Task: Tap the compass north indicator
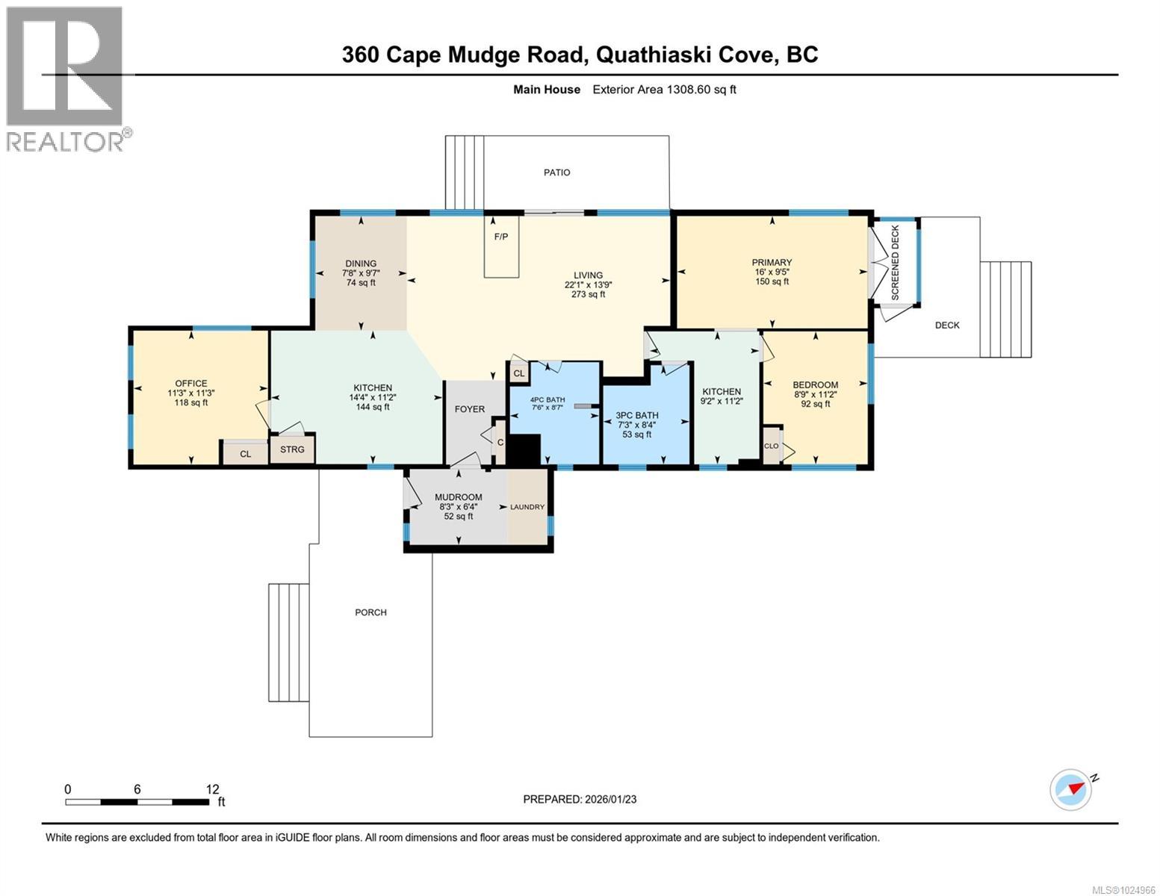click(x=1071, y=789)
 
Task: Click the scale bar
click(x=137, y=802)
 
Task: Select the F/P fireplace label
click(x=500, y=237)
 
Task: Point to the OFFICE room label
click(x=191, y=383)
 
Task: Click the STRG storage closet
click(x=292, y=449)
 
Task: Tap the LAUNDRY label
click(x=527, y=507)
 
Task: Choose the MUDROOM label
click(x=459, y=497)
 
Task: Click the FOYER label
click(x=470, y=409)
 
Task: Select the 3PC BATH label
click(x=636, y=415)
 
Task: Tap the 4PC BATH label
click(x=548, y=399)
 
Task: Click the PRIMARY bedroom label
click(x=772, y=262)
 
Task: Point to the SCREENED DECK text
click(x=896, y=263)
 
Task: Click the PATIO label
click(x=556, y=172)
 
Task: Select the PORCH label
click(x=370, y=612)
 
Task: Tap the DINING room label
click(x=361, y=263)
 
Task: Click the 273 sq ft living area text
click(x=588, y=294)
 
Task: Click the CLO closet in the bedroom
click(x=771, y=447)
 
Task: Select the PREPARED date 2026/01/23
click(x=580, y=799)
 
